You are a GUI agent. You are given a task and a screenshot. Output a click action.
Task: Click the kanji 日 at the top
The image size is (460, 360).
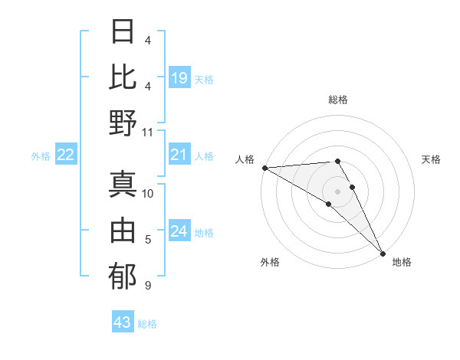point(123,32)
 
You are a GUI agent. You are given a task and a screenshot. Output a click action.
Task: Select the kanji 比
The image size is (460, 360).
point(123,77)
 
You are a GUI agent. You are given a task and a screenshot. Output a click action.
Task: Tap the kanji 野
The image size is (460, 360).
point(123,123)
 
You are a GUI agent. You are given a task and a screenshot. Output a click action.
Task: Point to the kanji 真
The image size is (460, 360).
point(123,184)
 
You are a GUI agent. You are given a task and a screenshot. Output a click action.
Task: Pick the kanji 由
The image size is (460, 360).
point(123,230)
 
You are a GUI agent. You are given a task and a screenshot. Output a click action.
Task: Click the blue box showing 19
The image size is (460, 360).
point(179,77)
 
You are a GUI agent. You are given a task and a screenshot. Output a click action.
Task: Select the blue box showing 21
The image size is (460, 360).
point(179,155)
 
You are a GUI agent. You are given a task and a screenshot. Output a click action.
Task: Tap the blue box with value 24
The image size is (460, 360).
point(179,232)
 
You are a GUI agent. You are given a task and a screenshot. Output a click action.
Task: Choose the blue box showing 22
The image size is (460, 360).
point(66,155)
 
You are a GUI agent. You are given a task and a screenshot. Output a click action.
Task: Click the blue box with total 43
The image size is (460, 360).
point(122,322)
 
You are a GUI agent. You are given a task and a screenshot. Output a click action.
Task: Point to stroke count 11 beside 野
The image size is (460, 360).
point(148,132)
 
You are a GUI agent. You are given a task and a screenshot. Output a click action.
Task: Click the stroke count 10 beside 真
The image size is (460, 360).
point(148,193)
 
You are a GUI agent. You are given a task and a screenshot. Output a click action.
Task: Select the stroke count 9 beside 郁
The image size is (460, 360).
point(147,286)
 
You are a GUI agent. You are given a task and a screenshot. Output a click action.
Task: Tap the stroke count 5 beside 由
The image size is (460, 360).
point(147,240)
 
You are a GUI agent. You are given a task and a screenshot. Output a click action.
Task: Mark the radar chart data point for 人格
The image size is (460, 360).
point(264,168)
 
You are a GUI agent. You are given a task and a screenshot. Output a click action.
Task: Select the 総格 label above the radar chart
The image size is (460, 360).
point(338,100)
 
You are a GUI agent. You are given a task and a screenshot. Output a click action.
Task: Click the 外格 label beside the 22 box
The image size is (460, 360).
point(41,156)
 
